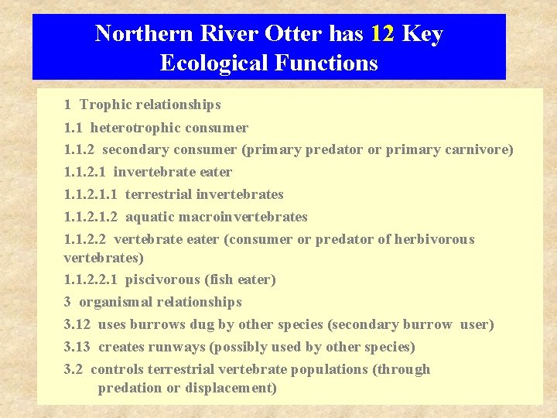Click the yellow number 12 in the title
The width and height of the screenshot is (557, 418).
point(382,34)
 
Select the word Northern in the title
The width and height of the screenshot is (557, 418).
point(144,34)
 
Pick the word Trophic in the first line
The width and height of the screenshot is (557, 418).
point(107,104)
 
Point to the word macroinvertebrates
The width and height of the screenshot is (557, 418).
point(244,217)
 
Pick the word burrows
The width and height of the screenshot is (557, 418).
point(157,324)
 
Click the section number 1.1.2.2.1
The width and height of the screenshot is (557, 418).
point(91,279)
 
